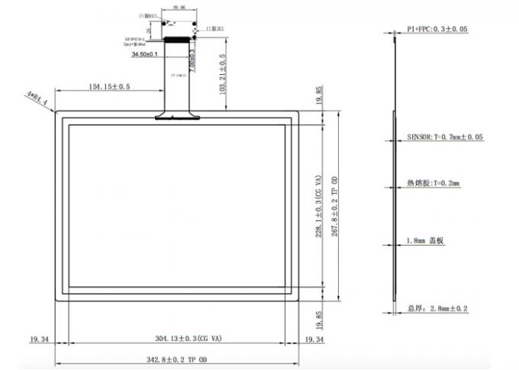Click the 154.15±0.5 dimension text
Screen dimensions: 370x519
coord(109,87)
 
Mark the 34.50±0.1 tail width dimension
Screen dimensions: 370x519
coord(145,55)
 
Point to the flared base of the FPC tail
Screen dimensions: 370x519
coord(178,117)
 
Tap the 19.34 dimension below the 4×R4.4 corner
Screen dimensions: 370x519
coord(40,339)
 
